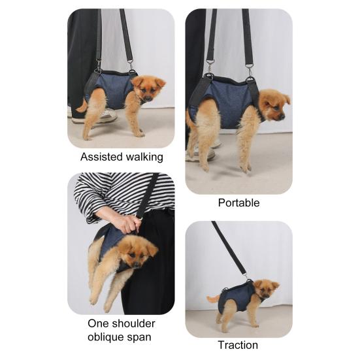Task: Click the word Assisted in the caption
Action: click(101, 157)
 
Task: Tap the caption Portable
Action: click(238, 203)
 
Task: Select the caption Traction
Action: click(238, 345)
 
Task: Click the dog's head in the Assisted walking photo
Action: click(150, 88)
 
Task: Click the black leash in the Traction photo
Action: click(229, 249)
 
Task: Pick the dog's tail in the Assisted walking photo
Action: click(82, 105)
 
